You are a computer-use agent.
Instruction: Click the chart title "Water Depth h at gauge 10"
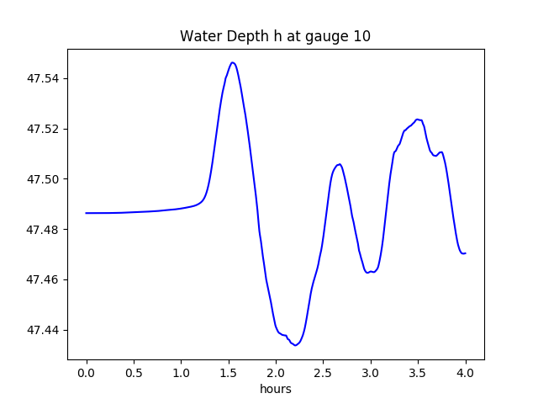pyautogui.click(x=276, y=36)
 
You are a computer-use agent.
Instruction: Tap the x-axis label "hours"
pyautogui.click(x=276, y=390)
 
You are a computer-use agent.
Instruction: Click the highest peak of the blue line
pyautogui.click(x=233, y=62)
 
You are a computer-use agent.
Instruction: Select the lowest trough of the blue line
pyautogui.click(x=296, y=345)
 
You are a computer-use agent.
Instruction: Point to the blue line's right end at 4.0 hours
pyautogui.click(x=465, y=253)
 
